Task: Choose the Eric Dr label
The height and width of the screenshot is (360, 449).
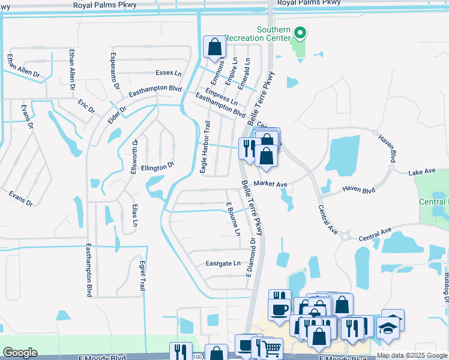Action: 86,107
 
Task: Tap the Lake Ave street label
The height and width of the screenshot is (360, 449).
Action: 421,172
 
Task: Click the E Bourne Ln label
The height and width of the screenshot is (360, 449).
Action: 233,219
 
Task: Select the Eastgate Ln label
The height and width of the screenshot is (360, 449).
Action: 223,263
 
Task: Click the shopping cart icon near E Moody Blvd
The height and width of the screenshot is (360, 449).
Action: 272,348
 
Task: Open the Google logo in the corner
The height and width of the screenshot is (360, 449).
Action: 20,352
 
